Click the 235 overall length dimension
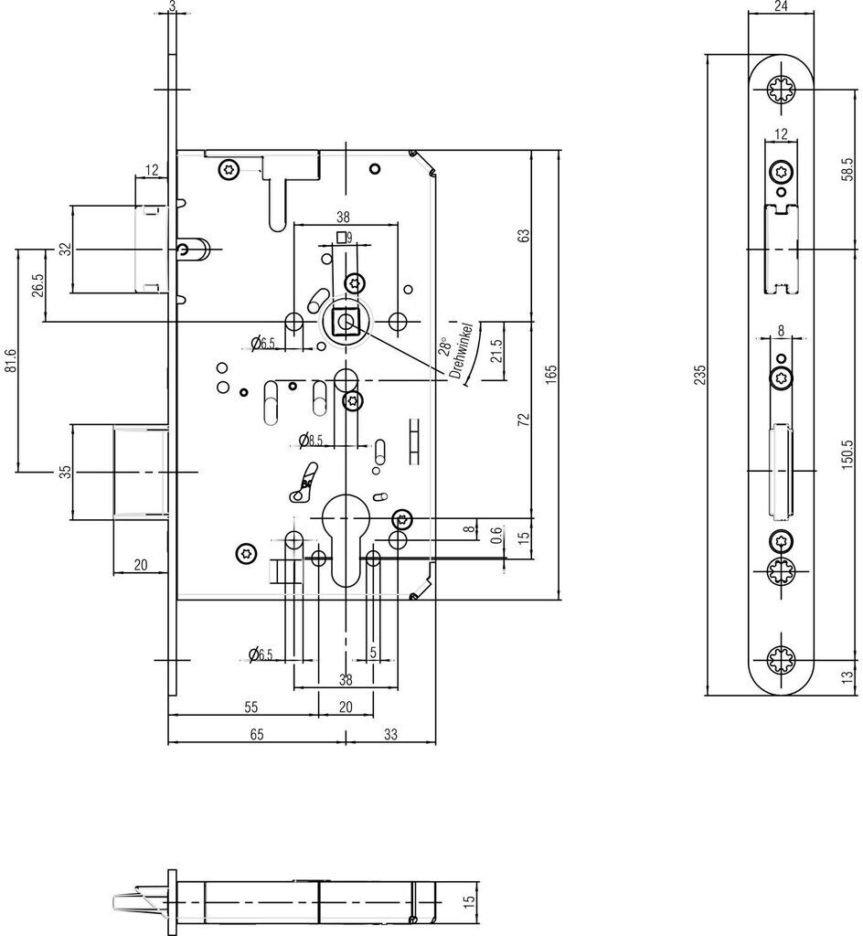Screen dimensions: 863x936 coord(700,374)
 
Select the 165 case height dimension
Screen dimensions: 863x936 coord(551,374)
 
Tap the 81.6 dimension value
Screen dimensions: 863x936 coord(10,361)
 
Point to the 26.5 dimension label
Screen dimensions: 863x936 coord(37,285)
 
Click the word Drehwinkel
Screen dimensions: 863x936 coord(463,352)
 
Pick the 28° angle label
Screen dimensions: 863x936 coord(444,346)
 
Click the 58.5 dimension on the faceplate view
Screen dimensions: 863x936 coord(848,170)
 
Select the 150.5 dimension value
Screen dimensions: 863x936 coord(848,455)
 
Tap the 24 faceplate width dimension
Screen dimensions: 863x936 coord(781,6)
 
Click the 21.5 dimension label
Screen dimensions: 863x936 coord(496,351)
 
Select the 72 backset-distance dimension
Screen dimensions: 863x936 coord(524,419)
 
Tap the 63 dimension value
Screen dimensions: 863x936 coord(524,235)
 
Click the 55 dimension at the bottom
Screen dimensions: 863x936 coord(251,707)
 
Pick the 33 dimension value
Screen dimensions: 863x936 coord(390,734)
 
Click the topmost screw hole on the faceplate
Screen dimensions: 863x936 coord(781,90)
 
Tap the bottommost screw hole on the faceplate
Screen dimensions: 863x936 coord(781,660)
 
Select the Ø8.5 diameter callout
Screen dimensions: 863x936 coord(311,441)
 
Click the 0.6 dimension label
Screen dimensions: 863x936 coord(496,536)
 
